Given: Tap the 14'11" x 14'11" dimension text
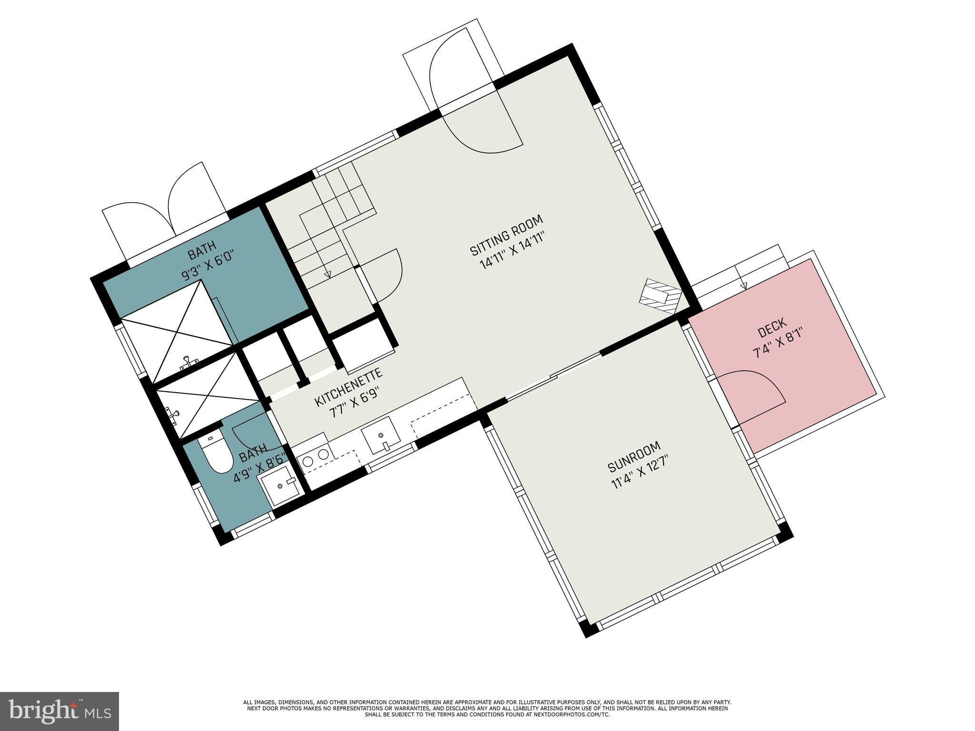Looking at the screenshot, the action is (512, 250).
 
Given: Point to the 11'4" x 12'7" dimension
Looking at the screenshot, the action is (641, 471).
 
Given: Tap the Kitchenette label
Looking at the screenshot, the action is (348, 387).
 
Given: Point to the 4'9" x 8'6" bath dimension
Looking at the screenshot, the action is (259, 469).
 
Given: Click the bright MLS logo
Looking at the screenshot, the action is (60, 711).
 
